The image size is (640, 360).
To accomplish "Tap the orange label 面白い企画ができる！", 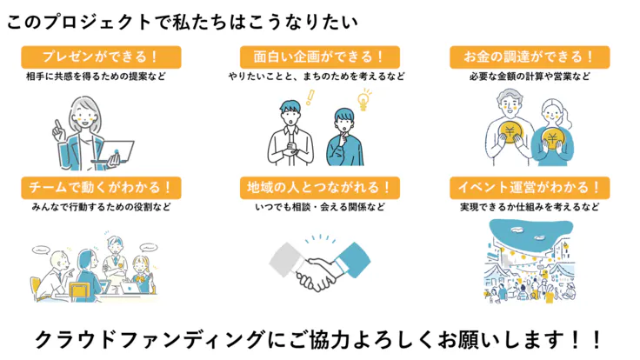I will (x=318, y=57).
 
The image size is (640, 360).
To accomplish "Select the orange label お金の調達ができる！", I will (x=529, y=57).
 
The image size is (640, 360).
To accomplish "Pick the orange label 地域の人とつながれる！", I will (x=318, y=187).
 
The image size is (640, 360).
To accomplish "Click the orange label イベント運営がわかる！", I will (x=529, y=187).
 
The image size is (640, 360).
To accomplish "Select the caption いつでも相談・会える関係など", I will (x=318, y=207).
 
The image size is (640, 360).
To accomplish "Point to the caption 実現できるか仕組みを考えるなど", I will (x=530, y=207).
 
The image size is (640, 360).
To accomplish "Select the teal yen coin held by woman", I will (x=550, y=138).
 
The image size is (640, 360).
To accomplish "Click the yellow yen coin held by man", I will (x=510, y=132).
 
